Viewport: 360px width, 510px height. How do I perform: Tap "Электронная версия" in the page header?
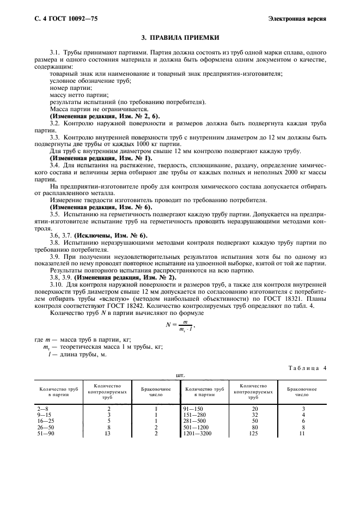(x=297, y=19)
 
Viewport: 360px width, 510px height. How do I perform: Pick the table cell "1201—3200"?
(x=197, y=433)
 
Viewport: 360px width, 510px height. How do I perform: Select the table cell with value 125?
(x=254, y=433)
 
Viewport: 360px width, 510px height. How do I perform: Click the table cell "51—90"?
(x=45, y=433)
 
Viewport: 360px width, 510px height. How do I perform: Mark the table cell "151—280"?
(x=194, y=414)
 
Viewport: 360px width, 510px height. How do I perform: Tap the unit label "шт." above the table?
(x=180, y=375)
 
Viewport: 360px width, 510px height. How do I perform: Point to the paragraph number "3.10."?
(x=58, y=285)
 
